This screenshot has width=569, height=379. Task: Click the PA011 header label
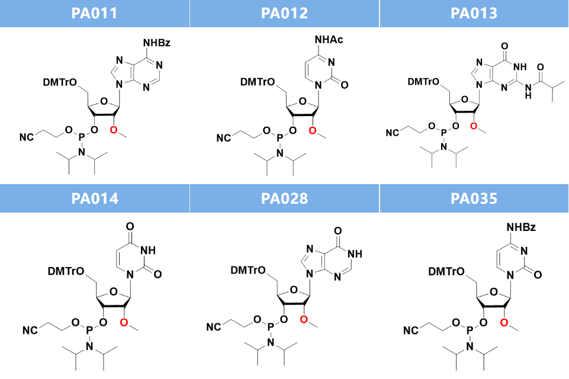[x=94, y=13]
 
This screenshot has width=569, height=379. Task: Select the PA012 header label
[x=284, y=13]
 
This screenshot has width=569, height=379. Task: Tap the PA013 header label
[x=474, y=13]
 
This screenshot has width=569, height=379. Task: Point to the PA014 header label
[x=95, y=198]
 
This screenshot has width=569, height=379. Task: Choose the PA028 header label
[x=284, y=198]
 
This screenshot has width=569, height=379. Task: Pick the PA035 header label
[x=474, y=198]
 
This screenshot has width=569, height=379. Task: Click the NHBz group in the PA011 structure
[x=157, y=43]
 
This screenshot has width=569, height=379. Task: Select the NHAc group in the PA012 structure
[x=329, y=40]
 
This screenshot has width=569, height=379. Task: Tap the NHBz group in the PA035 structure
[x=521, y=227]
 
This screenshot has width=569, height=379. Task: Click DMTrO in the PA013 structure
[x=423, y=82]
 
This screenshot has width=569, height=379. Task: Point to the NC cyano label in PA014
[x=30, y=330]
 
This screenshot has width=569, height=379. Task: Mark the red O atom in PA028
[x=304, y=319]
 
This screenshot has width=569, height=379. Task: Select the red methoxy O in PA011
[x=114, y=130]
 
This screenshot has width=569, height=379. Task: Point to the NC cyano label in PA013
[x=393, y=133]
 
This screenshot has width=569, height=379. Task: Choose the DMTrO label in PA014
[x=66, y=271]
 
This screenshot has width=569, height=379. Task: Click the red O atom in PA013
[x=473, y=126]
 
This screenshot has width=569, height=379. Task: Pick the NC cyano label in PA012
[x=224, y=138]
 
